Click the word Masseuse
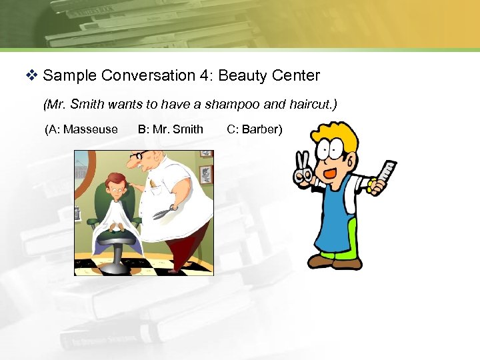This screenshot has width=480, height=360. [x=91, y=129]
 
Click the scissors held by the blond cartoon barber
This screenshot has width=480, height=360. [x=303, y=168]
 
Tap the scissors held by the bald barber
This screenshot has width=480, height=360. [x=164, y=213]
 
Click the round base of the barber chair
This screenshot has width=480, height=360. [x=112, y=266]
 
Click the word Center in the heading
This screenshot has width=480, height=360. [x=296, y=75]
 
